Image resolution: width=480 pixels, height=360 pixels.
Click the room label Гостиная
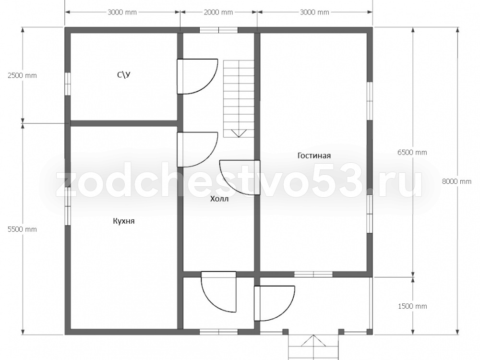point(314,156)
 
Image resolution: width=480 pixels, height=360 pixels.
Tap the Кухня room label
point(124,221)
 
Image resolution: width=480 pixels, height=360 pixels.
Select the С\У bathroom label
point(124,74)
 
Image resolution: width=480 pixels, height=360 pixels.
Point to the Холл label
point(219,199)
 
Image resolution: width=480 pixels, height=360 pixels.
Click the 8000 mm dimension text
point(456,181)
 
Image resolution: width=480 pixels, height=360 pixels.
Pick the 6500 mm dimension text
point(412,152)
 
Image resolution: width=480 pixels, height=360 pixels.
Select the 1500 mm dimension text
point(412,306)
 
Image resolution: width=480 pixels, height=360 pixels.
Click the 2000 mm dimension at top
point(218,12)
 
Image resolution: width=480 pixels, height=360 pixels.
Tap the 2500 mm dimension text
point(22,75)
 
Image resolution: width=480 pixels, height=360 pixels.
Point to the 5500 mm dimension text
point(22,229)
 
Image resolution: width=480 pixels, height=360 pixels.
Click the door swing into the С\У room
point(197,76)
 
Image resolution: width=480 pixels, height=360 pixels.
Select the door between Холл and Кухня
point(197,149)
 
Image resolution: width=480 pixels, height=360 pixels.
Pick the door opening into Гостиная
point(240,178)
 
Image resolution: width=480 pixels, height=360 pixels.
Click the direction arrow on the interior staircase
point(239,133)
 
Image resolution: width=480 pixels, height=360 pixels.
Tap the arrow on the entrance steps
point(313,341)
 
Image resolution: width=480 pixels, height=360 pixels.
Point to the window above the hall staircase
point(218,30)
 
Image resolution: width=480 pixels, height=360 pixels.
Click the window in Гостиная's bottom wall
point(313,274)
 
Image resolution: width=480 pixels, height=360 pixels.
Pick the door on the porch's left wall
point(274,303)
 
